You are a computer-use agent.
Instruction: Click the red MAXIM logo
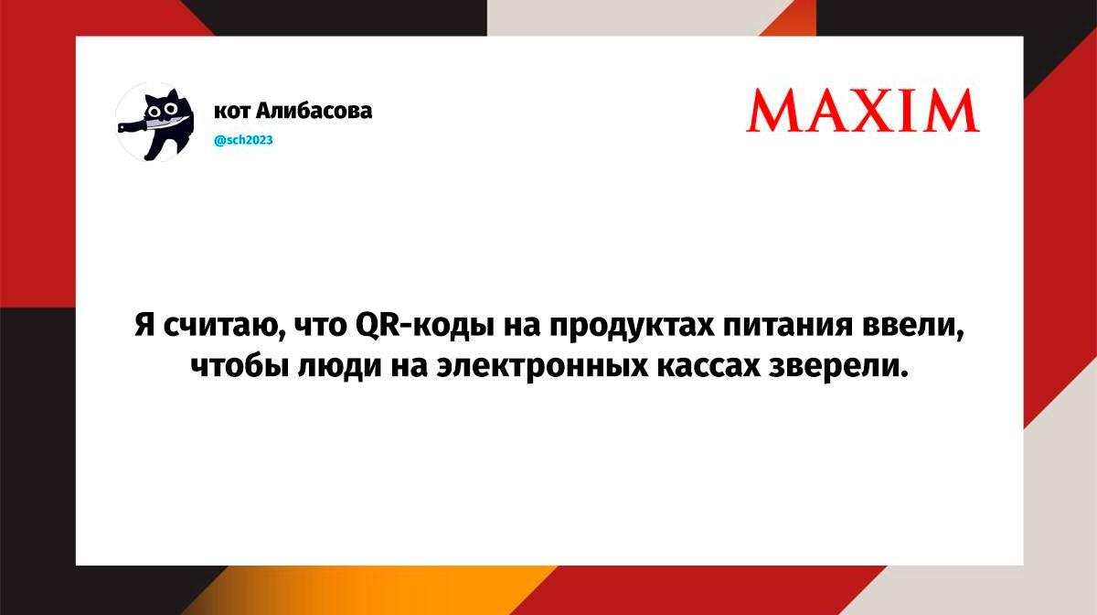tap(863, 111)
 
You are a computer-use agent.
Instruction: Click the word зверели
tap(838, 367)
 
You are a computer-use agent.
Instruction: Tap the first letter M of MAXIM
tap(773, 111)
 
